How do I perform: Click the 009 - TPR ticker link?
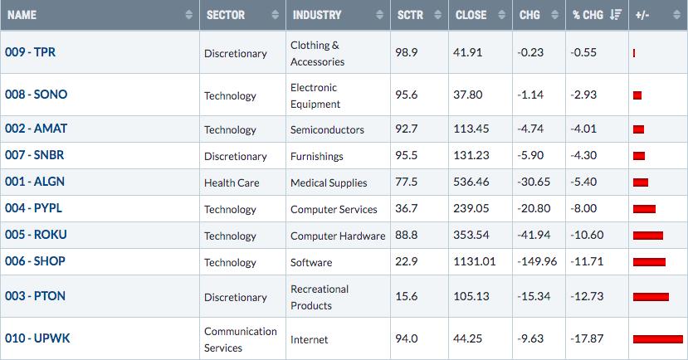(30, 52)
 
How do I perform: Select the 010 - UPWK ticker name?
(37, 338)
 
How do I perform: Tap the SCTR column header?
(410, 15)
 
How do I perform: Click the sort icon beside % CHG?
(616, 15)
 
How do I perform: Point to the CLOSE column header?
(471, 15)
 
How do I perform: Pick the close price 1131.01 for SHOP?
(475, 262)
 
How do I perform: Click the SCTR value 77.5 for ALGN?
(407, 182)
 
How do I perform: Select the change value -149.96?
(537, 262)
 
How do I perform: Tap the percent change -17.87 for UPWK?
(587, 338)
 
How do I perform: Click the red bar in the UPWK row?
(658, 339)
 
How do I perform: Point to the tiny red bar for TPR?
(634, 53)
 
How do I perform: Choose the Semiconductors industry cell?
(327, 129)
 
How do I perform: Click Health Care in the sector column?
(232, 182)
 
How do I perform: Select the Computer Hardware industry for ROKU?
(338, 236)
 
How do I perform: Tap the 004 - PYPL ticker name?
(34, 208)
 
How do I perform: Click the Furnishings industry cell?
(317, 157)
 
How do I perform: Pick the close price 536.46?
(471, 182)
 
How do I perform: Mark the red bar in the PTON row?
(651, 297)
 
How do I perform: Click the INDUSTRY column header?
(317, 15)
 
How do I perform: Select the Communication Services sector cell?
(241, 339)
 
